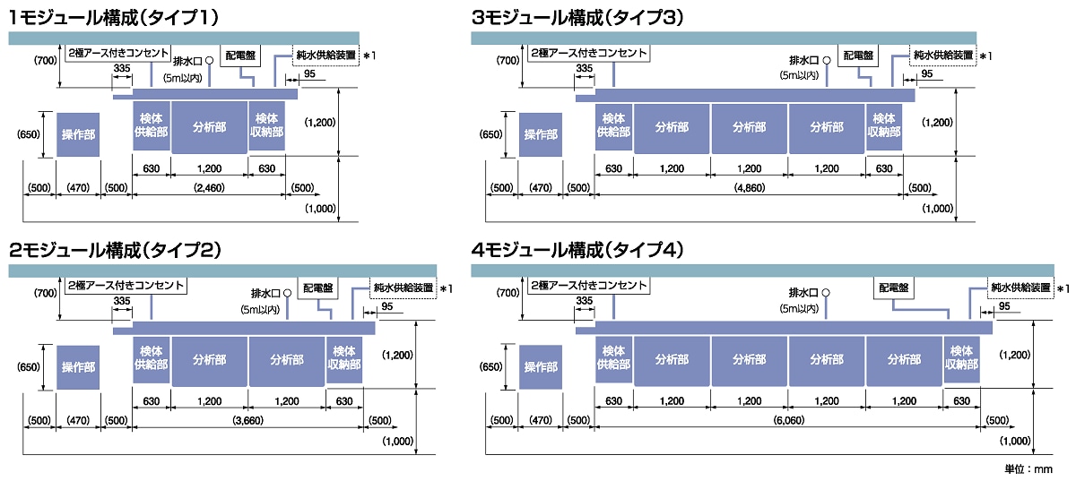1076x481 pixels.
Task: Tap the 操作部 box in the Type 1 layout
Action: [x=78, y=135]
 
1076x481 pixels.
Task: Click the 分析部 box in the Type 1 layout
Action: [x=209, y=126]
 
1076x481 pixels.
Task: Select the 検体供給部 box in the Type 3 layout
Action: [x=613, y=126]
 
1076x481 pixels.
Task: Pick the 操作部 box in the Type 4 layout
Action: [x=541, y=366]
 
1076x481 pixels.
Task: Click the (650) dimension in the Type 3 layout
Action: [x=491, y=135]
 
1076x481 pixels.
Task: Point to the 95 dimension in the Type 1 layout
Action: [x=309, y=73]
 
